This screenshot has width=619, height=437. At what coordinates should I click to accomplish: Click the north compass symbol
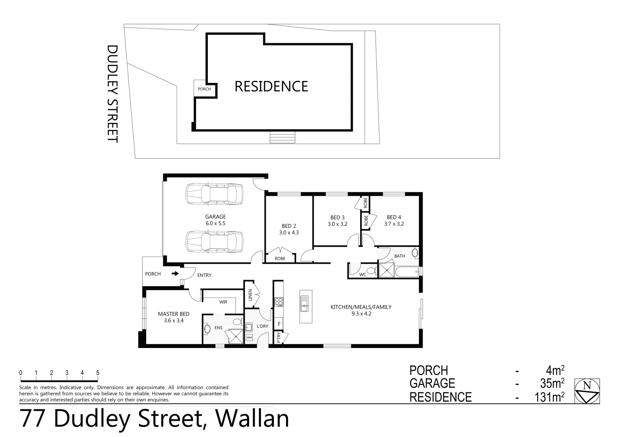click(587, 391)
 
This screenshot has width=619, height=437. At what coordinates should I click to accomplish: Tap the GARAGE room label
click(215, 217)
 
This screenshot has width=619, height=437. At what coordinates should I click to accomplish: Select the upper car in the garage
click(214, 194)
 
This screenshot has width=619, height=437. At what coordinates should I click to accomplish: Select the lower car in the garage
click(214, 242)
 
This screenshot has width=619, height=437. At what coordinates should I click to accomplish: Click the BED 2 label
click(289, 226)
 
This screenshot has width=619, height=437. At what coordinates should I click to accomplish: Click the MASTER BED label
click(173, 314)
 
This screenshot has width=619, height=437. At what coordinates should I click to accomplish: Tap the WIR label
click(223, 302)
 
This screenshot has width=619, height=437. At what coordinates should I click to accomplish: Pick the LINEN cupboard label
click(250, 296)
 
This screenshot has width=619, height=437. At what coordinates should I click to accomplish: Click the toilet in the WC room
click(370, 270)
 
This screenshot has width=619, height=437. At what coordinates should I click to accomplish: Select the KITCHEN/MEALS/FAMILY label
click(361, 307)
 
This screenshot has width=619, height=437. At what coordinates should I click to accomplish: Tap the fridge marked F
click(279, 324)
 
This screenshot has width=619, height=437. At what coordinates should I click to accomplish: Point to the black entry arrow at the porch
click(175, 274)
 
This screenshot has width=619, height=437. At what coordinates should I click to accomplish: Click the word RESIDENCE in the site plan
click(271, 86)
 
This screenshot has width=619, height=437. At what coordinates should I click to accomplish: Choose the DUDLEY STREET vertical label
click(112, 93)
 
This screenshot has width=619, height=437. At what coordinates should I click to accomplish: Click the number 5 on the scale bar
click(98, 373)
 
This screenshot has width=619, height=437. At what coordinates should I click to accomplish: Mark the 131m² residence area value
click(549, 397)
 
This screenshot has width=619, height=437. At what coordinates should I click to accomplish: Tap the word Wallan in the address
click(252, 419)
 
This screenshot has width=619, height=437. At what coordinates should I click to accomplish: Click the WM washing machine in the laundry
click(249, 337)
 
